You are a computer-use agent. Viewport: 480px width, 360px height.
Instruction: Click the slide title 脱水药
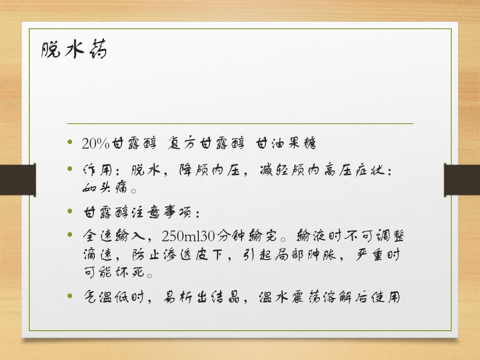point(74,49)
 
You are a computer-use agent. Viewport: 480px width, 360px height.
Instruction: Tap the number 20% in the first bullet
point(95,143)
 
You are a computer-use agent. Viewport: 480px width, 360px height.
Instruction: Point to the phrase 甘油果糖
point(286,143)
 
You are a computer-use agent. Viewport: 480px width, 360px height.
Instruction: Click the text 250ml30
point(188,236)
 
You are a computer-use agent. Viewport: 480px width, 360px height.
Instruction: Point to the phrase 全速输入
point(114,236)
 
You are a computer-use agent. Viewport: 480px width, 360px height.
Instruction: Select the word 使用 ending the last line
point(386,297)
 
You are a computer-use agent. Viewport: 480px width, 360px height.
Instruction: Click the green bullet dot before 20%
point(70,142)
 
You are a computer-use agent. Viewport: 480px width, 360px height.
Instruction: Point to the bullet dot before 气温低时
point(70,295)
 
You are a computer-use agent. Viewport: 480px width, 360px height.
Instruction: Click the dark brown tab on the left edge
point(18,180)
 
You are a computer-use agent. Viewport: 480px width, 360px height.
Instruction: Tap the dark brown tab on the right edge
point(462,180)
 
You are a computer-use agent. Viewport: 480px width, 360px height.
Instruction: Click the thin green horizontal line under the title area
point(240,124)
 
